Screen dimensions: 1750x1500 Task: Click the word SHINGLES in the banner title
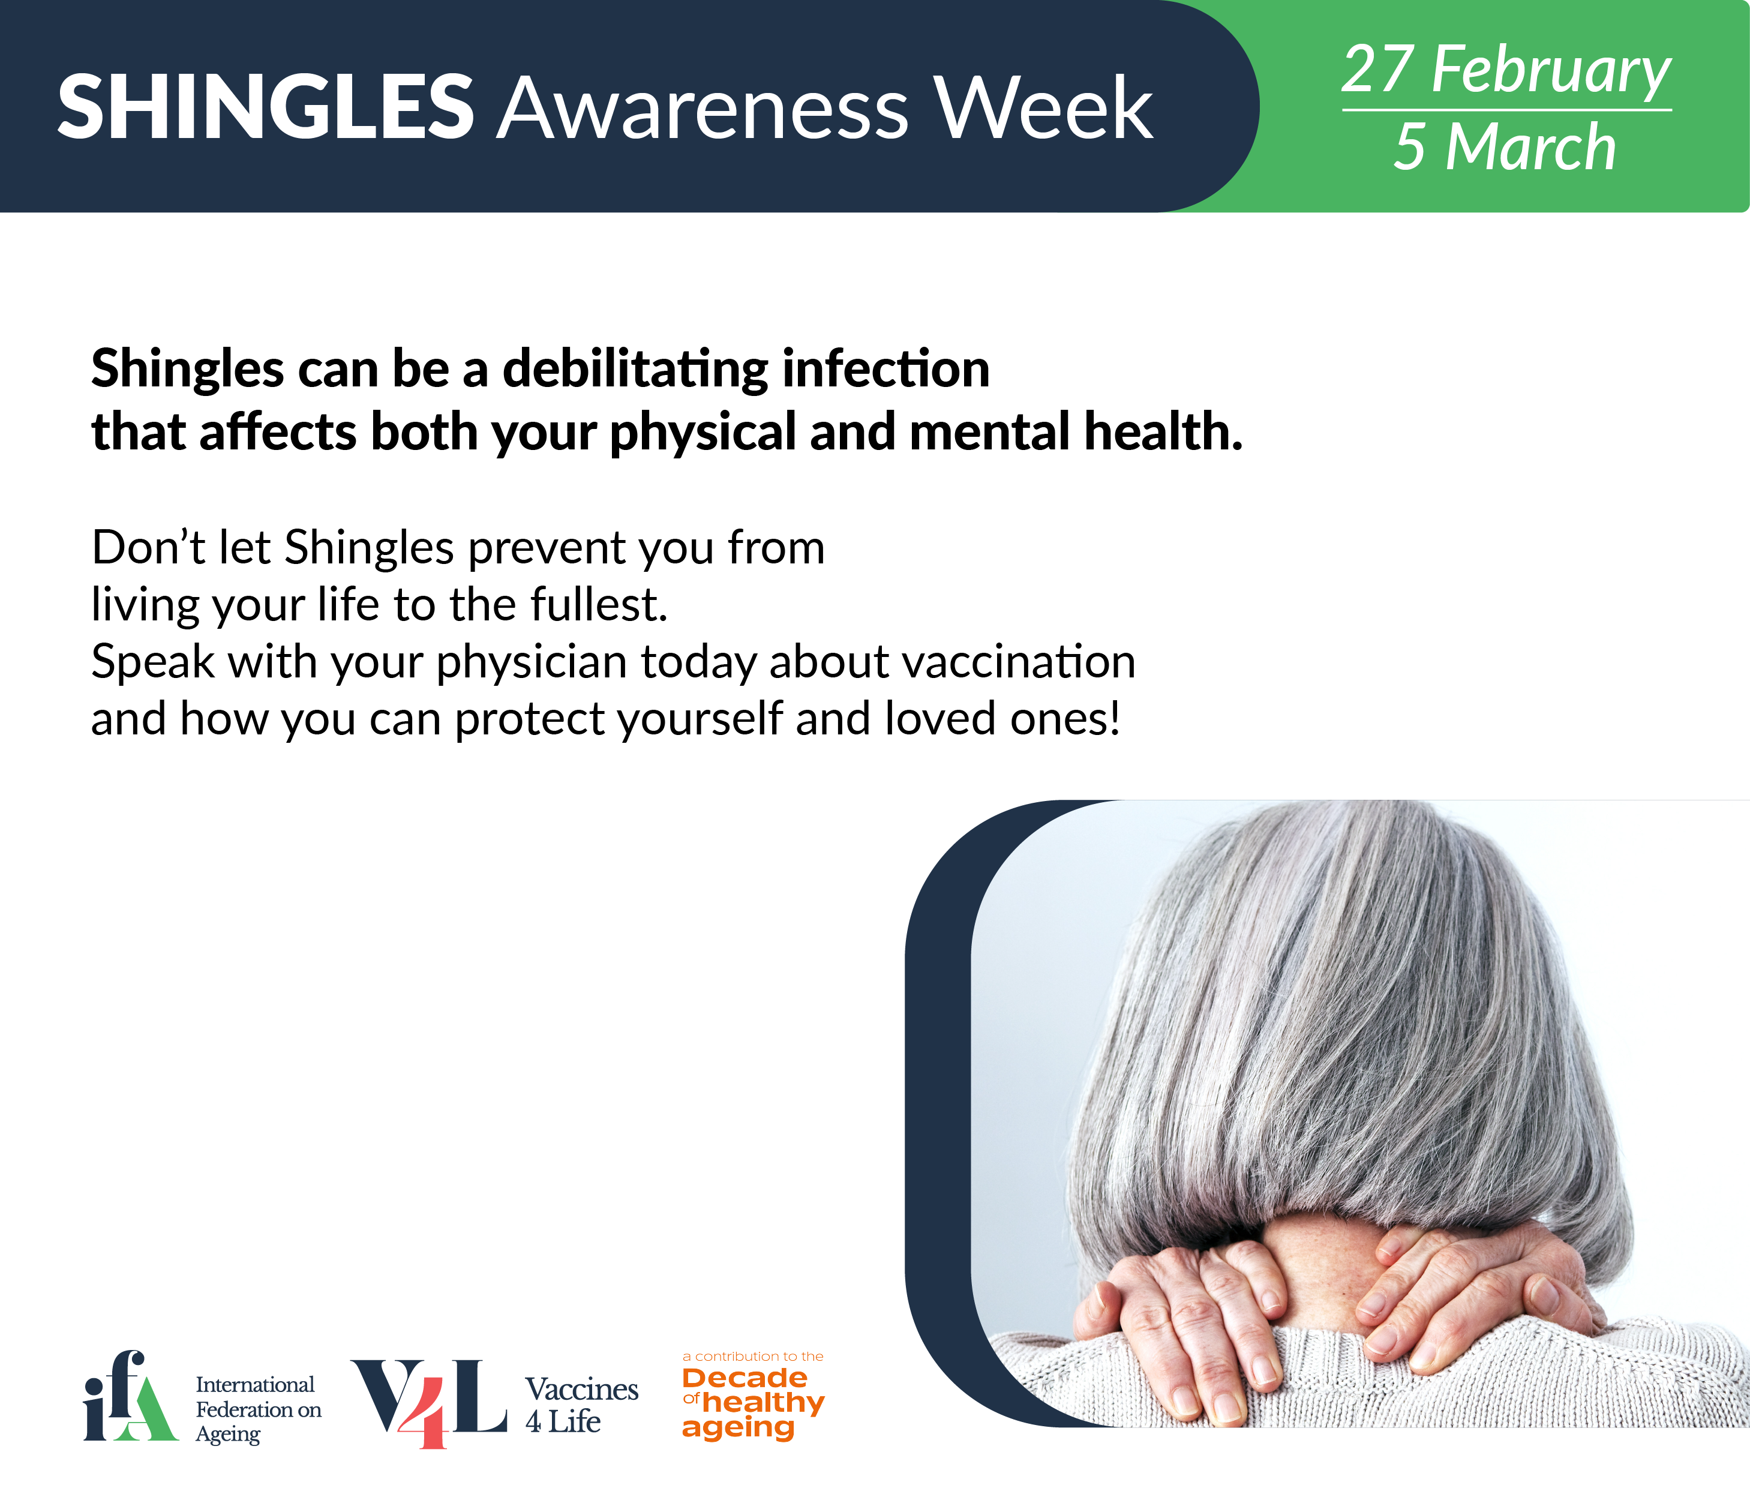(x=265, y=107)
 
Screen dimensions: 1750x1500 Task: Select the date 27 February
(x=1506, y=70)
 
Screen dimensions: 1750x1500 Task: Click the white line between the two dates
(x=1507, y=110)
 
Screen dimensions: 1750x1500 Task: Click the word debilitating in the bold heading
(x=635, y=370)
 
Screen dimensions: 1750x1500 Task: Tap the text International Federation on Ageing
(x=259, y=1409)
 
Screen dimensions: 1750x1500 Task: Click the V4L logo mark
(x=429, y=1403)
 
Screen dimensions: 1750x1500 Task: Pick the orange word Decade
(x=745, y=1378)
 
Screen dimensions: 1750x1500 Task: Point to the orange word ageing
(x=738, y=1428)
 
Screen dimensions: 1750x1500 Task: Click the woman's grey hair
(x=1343, y=1013)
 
